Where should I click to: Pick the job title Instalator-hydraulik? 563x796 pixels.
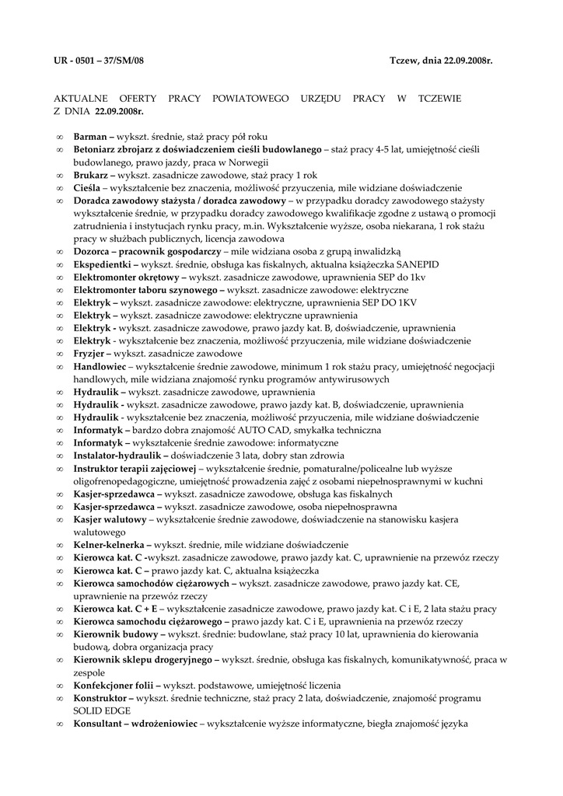[118, 455]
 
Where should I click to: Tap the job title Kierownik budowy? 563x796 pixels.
[114, 634]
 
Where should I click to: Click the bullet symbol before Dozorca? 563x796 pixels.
[61, 252]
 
